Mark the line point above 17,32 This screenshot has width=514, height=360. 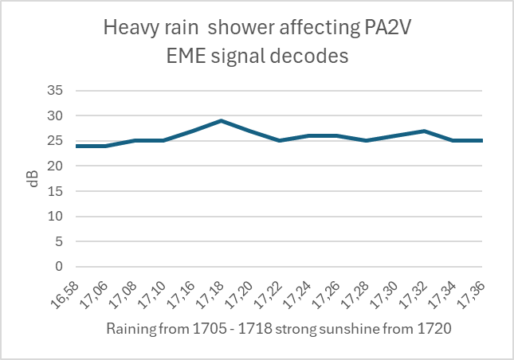click(425, 131)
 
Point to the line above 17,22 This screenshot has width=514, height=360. click(280, 141)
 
